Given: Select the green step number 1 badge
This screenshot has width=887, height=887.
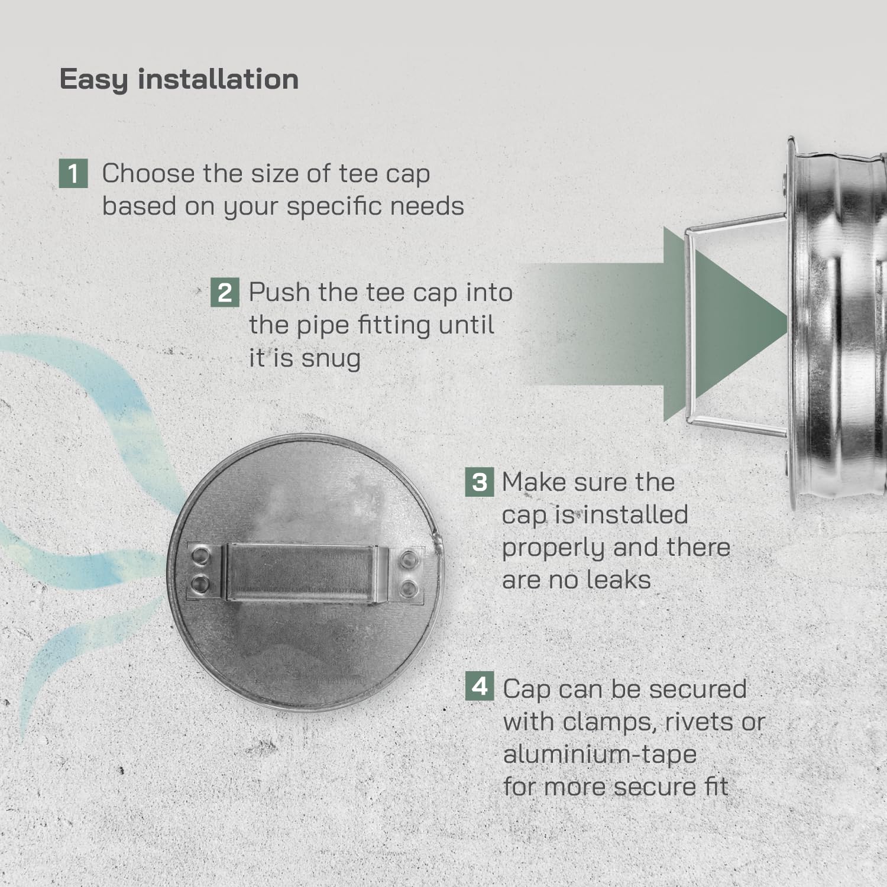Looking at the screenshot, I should pyautogui.click(x=73, y=173).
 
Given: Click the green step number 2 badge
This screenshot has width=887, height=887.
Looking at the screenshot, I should pyautogui.click(x=225, y=293).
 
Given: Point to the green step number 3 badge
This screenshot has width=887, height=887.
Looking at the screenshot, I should pyautogui.click(x=480, y=482).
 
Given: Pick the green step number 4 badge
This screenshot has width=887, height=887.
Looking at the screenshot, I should pyautogui.click(x=480, y=686).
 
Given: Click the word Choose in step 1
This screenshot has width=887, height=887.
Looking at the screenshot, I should pyautogui.click(x=148, y=173).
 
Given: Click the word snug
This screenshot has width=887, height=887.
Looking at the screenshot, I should pyautogui.click(x=332, y=358).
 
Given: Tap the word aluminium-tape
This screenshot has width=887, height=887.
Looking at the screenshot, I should pyautogui.click(x=600, y=755).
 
